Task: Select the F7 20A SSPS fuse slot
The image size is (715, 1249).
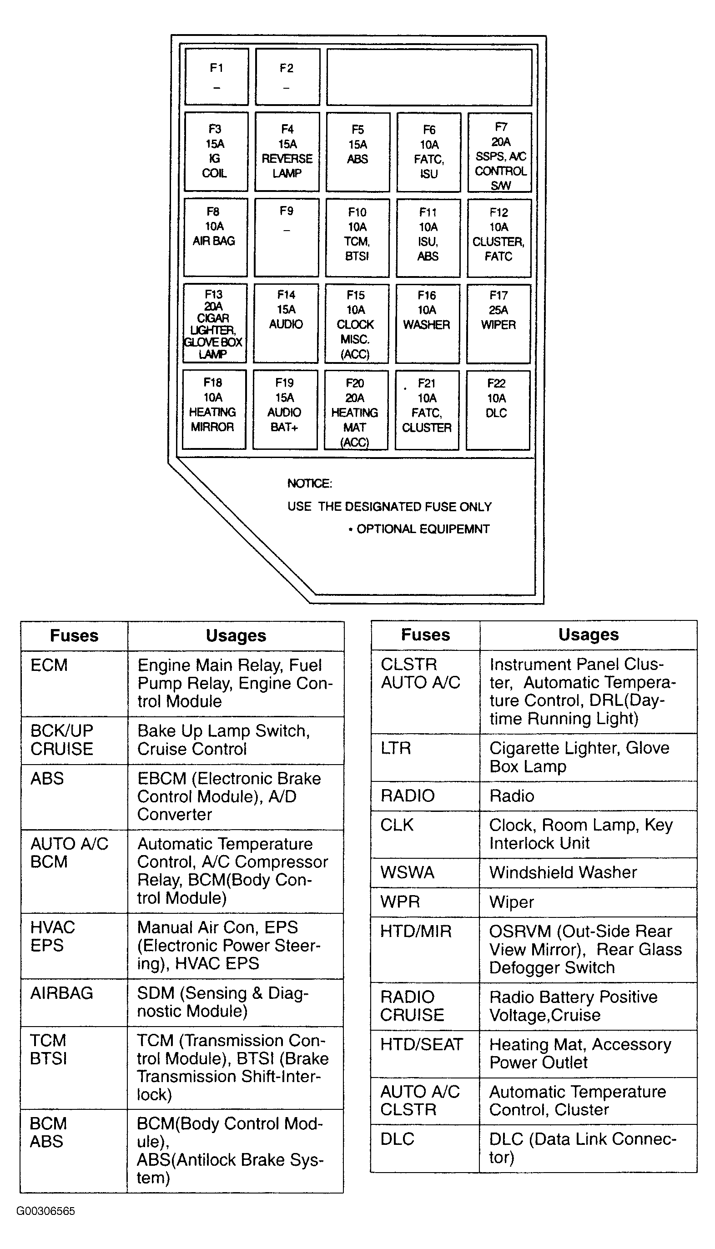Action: click(499, 152)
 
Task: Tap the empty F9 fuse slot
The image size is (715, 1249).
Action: click(286, 237)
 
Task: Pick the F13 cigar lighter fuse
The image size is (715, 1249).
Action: click(215, 323)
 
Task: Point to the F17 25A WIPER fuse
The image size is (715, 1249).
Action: click(498, 324)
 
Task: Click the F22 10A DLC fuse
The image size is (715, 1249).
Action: click(498, 410)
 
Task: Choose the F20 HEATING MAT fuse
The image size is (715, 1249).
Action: click(356, 410)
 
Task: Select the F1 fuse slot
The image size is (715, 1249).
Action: click(217, 76)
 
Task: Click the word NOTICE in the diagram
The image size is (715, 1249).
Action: click(310, 483)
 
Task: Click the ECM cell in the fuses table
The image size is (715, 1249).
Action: click(74, 684)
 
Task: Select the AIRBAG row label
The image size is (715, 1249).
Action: click(74, 1002)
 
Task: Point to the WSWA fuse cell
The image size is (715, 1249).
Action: click(425, 872)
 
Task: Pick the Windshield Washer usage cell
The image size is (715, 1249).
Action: click(588, 872)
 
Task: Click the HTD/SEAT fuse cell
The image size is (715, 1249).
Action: click(425, 1053)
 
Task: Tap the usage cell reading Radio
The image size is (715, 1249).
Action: click(588, 796)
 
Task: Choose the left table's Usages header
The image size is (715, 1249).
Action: click(236, 636)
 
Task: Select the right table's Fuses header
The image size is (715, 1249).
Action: click(425, 635)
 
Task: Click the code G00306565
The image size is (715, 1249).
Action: click(45, 1211)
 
